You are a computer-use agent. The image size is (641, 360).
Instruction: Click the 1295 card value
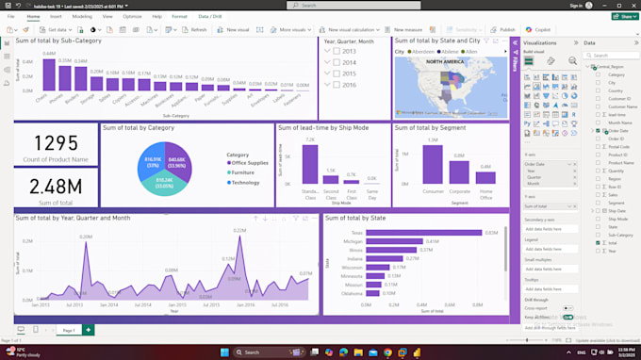click(55, 144)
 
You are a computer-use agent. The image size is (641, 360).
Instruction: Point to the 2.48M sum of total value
click(55, 186)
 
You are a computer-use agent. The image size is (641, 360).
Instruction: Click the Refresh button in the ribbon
click(194, 29)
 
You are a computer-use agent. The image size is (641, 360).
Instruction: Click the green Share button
click(623, 16)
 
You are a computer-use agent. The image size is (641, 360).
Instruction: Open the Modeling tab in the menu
click(82, 16)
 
